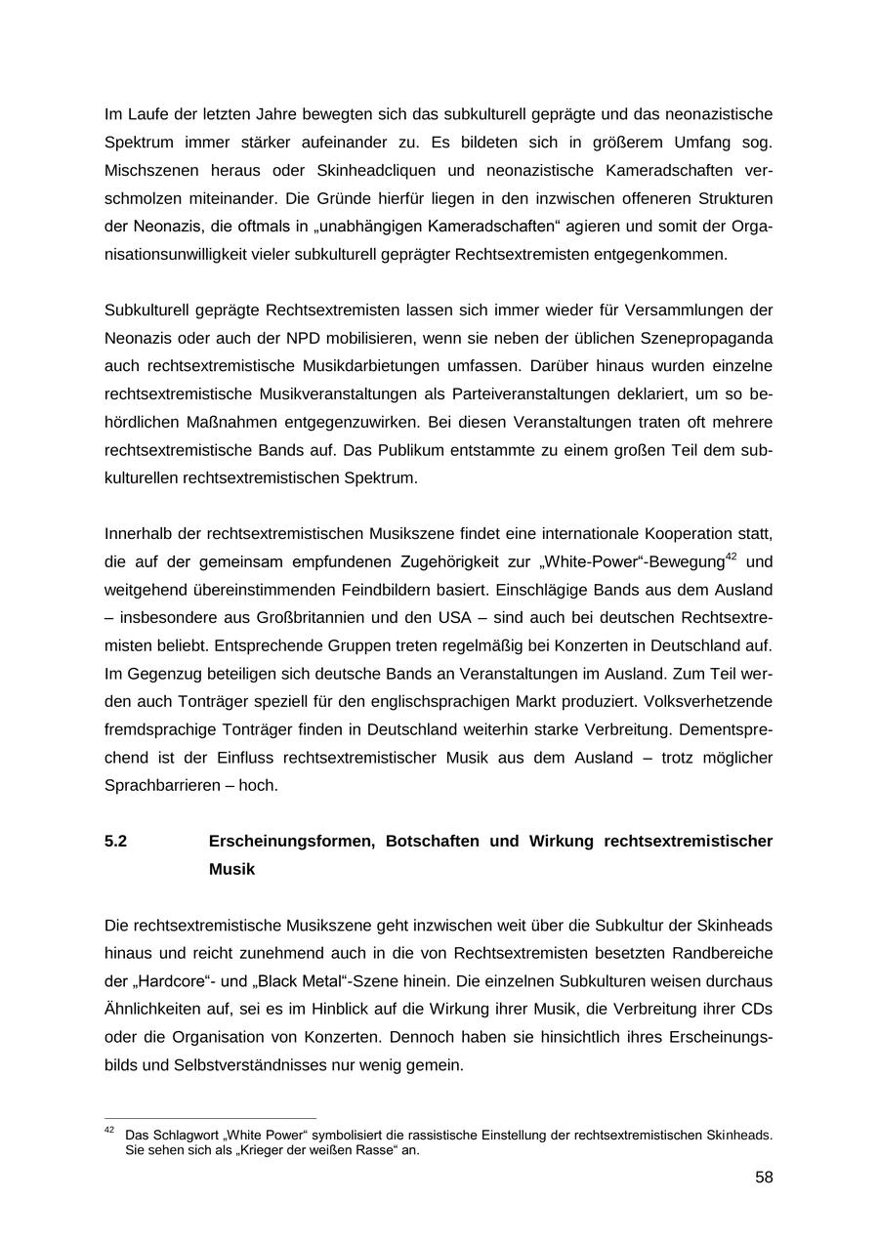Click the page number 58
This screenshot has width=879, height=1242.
(x=764, y=1178)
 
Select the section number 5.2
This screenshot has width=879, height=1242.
(x=115, y=841)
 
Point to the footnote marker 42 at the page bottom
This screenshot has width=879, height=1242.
(x=109, y=1131)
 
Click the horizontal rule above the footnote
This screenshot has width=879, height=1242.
(x=210, y=1119)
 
